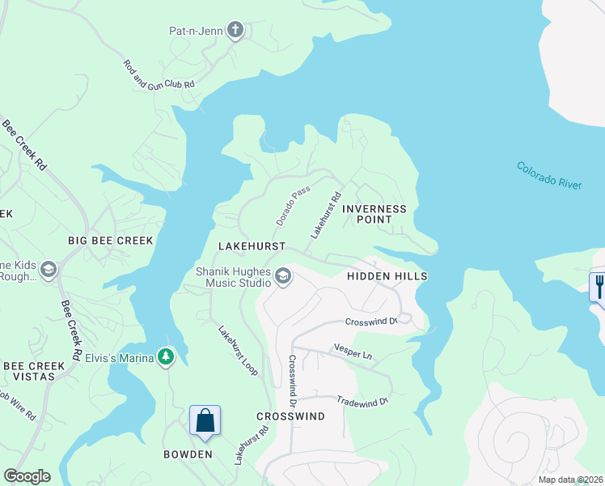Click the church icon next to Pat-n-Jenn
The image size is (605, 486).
[x=235, y=32]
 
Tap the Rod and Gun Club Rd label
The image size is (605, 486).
[x=159, y=74]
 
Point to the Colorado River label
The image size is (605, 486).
[x=549, y=175]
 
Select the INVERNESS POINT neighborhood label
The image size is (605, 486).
[x=374, y=215]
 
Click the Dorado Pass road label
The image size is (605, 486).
[x=293, y=207]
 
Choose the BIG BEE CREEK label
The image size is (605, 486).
[x=110, y=241]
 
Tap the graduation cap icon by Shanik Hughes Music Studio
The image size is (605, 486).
[x=283, y=277]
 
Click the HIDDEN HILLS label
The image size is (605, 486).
[x=387, y=276]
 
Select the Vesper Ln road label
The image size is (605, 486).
[x=353, y=352]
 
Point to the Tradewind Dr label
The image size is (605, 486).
[x=362, y=400]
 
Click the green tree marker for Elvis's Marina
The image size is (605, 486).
[x=166, y=356]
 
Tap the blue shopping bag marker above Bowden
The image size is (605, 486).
[x=205, y=421]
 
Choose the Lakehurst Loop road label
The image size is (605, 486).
[x=237, y=350]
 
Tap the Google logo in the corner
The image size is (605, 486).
[x=27, y=476]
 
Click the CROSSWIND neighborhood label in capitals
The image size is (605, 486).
[x=290, y=416]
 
